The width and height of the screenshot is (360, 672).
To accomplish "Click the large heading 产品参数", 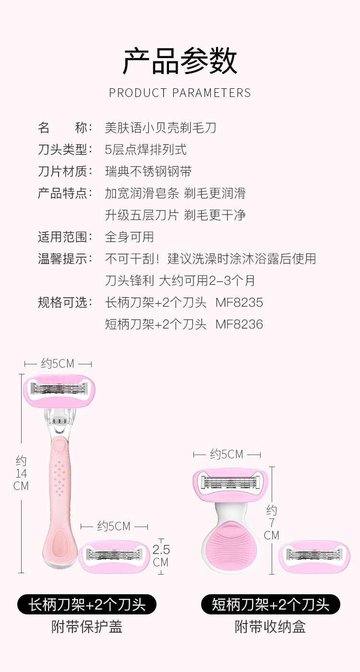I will tap(180, 61).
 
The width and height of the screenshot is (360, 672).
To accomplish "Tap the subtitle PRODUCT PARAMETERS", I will tap(180, 93).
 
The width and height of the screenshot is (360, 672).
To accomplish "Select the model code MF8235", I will tap(239, 302).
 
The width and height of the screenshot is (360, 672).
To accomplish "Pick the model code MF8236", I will tap(239, 324).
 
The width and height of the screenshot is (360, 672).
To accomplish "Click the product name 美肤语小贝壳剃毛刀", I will tap(160, 128).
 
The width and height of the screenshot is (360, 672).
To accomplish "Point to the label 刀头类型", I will tap(65, 149).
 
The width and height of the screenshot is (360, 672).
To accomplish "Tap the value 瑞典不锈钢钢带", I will tap(148, 171).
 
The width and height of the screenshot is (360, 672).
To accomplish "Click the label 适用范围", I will tap(65, 237).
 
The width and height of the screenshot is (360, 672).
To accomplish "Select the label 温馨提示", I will tap(65, 259).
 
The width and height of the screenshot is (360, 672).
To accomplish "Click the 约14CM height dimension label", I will tap(21, 473).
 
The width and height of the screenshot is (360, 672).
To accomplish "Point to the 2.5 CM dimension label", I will tap(161, 555).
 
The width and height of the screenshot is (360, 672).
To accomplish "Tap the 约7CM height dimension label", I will tap(272, 523).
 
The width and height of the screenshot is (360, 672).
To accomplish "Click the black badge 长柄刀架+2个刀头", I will tap(87, 604).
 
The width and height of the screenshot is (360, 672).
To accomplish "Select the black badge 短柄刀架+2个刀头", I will tap(271, 604).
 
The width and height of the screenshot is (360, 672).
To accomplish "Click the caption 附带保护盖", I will tap(87, 626).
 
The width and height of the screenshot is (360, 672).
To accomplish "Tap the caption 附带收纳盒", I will tap(271, 626).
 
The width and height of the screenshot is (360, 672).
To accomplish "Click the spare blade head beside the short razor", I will tap(314, 556).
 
